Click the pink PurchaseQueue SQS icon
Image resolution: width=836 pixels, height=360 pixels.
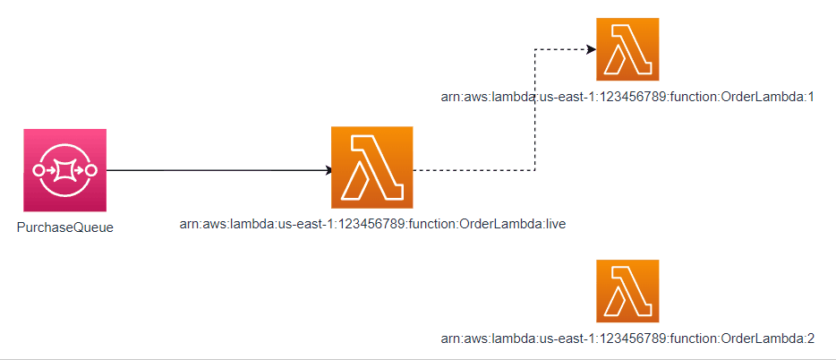click(65, 170)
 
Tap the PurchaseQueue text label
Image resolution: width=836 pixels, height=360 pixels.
click(65, 228)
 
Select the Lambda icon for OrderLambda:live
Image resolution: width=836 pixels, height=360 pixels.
click(371, 167)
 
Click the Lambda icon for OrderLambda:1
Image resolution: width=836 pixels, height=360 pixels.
click(627, 48)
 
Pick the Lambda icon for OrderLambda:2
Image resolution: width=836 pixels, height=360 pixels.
click(627, 290)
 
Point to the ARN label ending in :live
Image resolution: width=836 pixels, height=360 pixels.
click(373, 224)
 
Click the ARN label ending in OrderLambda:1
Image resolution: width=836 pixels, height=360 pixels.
click(627, 96)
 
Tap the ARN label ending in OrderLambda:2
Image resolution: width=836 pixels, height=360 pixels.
click(627, 339)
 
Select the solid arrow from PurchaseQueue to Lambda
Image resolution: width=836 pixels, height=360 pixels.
click(215, 169)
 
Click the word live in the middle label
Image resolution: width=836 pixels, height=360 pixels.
click(554, 224)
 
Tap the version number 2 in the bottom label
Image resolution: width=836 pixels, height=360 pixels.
click(810, 339)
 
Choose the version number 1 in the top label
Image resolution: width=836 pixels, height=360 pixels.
click(810, 96)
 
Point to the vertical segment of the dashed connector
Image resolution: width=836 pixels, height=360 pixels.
click(534, 107)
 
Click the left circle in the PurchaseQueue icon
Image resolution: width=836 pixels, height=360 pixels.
click(38, 169)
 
